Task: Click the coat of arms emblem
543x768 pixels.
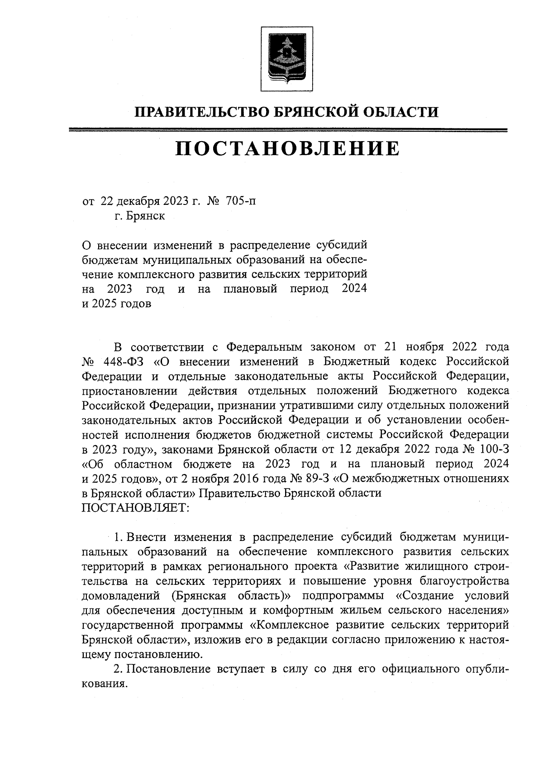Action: tap(286, 59)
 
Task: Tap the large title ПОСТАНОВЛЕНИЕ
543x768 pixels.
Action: tap(288, 148)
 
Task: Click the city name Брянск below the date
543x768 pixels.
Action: tap(145, 216)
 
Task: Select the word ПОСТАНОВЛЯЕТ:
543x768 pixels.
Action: tap(134, 507)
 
